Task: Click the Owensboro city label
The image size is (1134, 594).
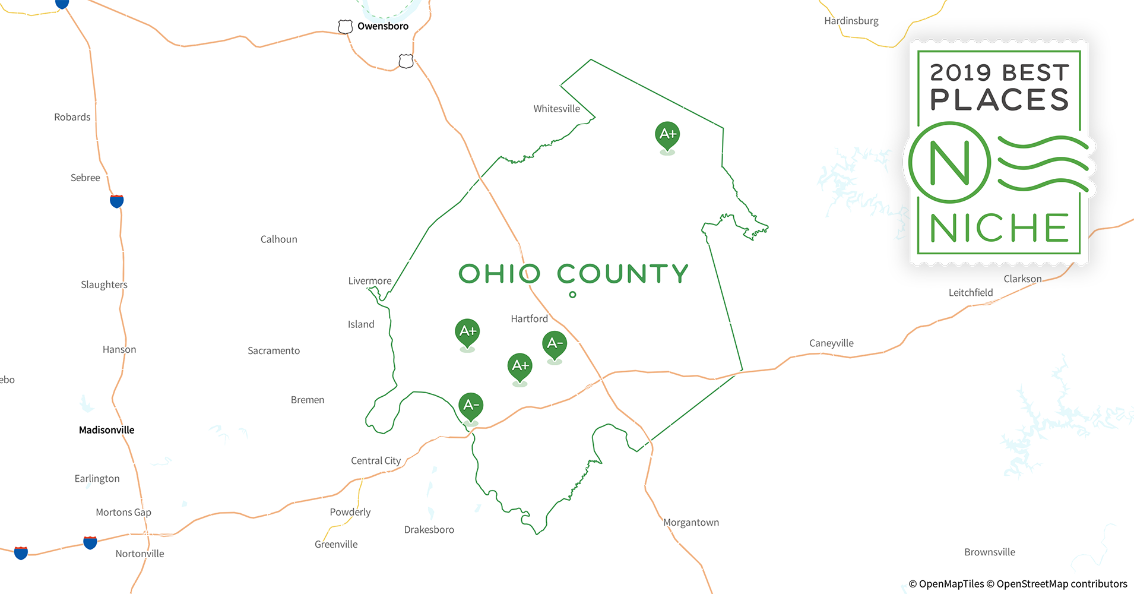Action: [382, 26]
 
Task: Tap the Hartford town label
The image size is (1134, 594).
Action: [529, 319]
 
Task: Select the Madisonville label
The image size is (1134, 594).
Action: [107, 430]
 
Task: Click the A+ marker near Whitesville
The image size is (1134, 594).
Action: [667, 134]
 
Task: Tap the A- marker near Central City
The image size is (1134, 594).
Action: [471, 406]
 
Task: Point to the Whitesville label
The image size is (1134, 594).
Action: [556, 109]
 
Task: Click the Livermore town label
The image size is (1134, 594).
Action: [370, 281]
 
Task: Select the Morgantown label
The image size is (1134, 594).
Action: [691, 523]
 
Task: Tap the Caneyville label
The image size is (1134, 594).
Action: [831, 343]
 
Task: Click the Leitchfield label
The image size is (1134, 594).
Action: [971, 293]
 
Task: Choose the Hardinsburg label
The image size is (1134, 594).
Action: [851, 21]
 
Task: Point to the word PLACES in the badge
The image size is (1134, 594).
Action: [999, 100]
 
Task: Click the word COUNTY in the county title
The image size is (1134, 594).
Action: [623, 274]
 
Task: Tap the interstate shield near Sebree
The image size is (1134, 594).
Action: [117, 201]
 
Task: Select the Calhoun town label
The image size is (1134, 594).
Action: [278, 239]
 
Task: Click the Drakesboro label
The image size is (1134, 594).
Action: [429, 530]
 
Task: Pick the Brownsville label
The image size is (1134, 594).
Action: [989, 552]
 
